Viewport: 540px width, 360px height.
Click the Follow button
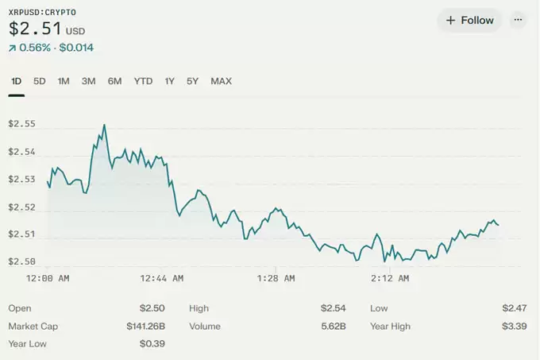[469, 21]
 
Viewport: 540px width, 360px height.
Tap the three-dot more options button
[519, 21]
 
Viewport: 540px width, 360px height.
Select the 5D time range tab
[40, 81]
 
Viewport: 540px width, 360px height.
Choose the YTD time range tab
[143, 81]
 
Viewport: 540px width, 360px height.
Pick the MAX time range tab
[221, 81]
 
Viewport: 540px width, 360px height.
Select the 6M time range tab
[115, 81]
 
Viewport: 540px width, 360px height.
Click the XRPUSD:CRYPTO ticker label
[42, 12]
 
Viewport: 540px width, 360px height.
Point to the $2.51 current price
[35, 29]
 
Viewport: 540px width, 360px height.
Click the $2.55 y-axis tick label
[21, 124]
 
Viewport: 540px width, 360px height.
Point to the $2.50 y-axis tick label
[21, 261]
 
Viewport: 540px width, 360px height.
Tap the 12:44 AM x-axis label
[161, 278]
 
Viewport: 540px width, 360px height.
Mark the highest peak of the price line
[104, 125]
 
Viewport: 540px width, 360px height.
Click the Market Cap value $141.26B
[145, 326]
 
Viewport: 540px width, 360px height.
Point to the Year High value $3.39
[514, 326]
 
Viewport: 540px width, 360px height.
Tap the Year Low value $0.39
[152, 344]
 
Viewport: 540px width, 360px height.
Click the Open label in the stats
[20, 308]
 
